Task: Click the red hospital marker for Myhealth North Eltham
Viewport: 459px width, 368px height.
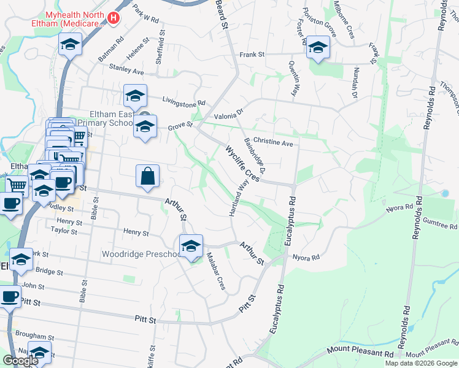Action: point(113,18)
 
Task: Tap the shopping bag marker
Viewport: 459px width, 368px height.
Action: point(148,177)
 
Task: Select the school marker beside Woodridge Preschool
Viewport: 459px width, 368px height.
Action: point(191,247)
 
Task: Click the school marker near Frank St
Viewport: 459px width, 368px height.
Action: point(317,48)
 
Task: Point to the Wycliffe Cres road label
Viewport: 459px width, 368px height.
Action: point(243,163)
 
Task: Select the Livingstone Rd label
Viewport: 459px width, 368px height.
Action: point(183,101)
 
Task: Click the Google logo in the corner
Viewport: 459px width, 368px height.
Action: point(21,361)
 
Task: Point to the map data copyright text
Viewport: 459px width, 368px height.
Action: point(421,363)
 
